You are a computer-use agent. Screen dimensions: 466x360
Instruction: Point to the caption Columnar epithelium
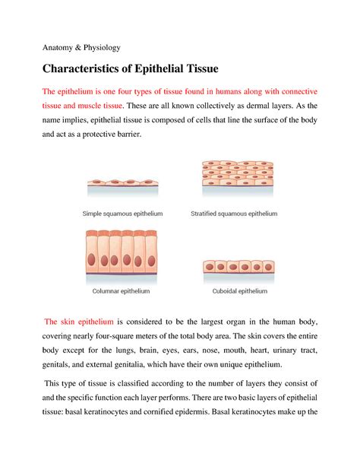[121, 291]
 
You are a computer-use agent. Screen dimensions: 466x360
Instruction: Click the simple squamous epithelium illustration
[124, 183]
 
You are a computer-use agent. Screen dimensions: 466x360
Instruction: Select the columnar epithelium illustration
[121, 257]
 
